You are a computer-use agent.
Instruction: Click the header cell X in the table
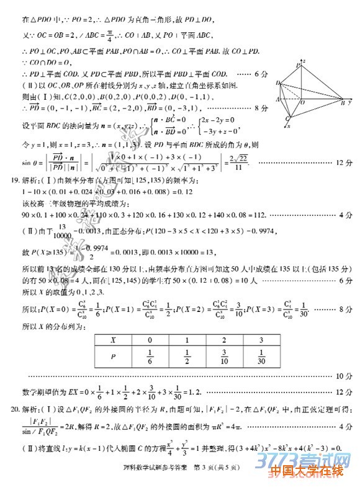(114, 340)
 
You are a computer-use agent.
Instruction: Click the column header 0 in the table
(150, 340)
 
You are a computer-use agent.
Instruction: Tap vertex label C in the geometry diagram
(287, 118)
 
